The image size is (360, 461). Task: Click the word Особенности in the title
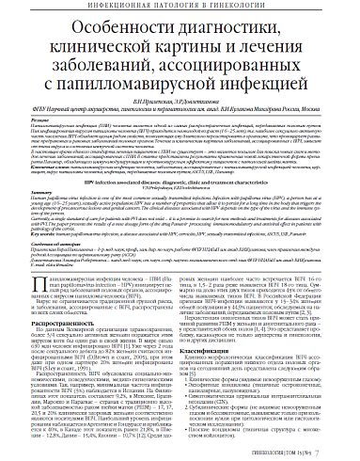[x=113, y=35]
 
